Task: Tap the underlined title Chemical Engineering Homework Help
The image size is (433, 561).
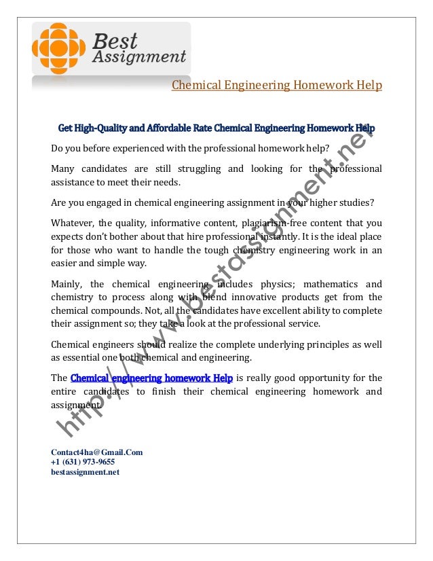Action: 276,86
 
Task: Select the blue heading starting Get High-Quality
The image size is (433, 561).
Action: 216,128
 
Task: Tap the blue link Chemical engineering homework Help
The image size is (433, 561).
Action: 151,378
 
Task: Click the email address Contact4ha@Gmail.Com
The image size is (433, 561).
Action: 96,452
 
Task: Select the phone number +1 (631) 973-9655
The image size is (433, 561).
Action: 83,462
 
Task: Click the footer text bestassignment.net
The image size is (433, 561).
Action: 85,472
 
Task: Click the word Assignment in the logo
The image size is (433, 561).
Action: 139,57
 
